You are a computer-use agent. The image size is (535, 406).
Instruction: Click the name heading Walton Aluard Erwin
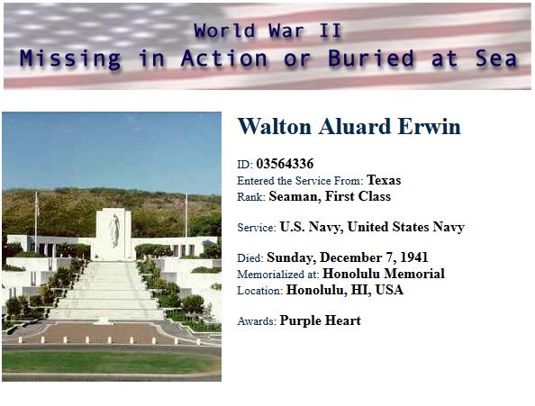[349, 126]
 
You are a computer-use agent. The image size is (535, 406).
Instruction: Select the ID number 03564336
[285, 164]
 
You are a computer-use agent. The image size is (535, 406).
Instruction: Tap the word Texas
[384, 180]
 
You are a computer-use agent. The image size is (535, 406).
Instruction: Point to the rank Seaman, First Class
[330, 196]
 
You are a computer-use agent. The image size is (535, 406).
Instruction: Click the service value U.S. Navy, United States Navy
[372, 227]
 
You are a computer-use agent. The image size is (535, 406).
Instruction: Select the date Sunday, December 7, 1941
[348, 257]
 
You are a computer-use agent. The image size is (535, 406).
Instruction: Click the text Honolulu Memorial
[384, 274]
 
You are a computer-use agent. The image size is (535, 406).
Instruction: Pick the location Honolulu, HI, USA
[345, 290]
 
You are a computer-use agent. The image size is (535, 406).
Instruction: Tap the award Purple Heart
[320, 320]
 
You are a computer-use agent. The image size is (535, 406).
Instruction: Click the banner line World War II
[267, 31]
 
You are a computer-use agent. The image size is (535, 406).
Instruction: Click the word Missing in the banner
[70, 59]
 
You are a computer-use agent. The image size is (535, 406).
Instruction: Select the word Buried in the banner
[371, 58]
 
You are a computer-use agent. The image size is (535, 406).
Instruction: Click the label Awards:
[257, 321]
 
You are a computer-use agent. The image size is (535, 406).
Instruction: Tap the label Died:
[250, 258]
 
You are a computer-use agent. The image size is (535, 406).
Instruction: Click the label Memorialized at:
[278, 274]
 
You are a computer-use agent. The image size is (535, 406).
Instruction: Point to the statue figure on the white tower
[115, 230]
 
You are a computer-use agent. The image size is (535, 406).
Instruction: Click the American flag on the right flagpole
[183, 203]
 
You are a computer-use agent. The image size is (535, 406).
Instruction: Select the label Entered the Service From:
[300, 181]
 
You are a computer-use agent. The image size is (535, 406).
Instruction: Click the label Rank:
[251, 197]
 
